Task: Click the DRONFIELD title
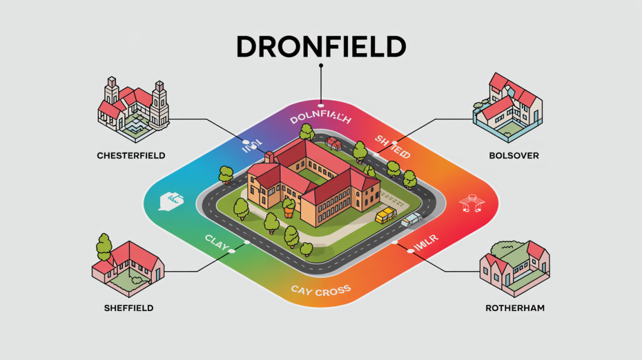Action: coord(320,47)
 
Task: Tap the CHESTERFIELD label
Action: coord(132,155)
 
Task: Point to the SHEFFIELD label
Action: coord(129,308)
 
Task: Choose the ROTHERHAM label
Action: coord(515,308)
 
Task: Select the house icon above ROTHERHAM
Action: coord(514,267)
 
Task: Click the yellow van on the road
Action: coord(386,215)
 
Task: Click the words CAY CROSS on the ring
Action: coord(320,290)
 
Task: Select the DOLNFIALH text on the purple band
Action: coord(320,119)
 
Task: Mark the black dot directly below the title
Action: coord(320,65)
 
